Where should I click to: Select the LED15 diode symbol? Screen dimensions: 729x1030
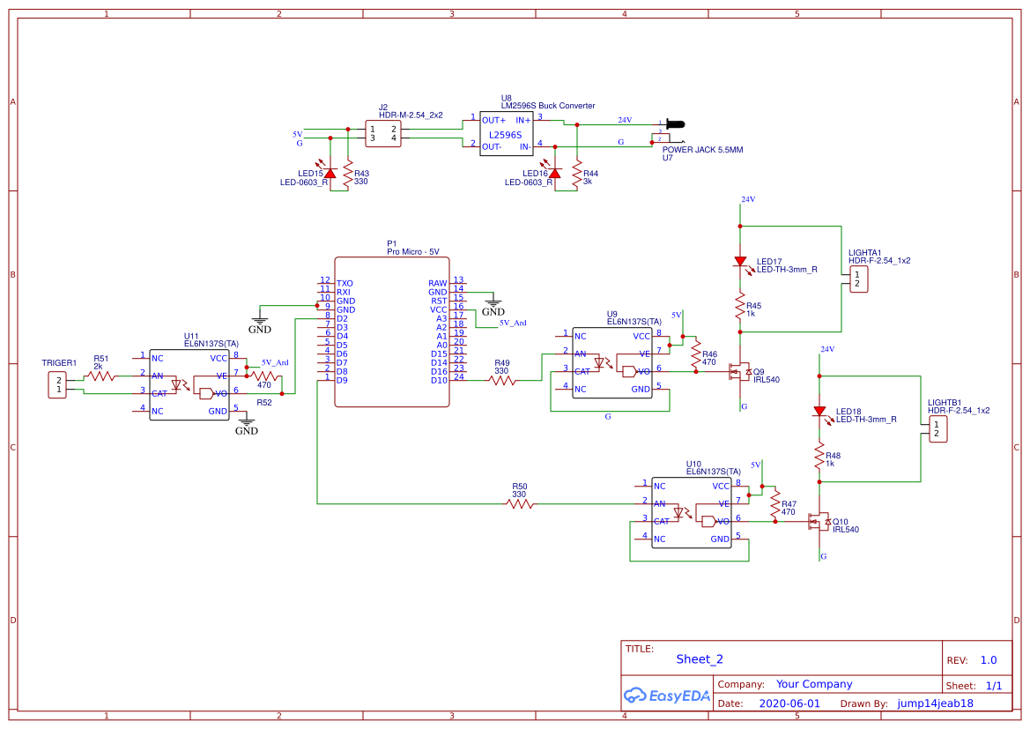point(330,174)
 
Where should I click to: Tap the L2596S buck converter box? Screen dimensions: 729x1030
point(506,134)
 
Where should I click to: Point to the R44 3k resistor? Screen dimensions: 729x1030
point(577,174)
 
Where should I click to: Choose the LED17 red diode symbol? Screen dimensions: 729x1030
point(741,261)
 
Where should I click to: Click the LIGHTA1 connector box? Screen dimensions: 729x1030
point(856,279)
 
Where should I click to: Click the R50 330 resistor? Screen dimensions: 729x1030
point(520,504)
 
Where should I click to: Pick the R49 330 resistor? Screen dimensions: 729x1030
point(502,381)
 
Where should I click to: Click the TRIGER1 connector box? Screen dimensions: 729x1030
point(59,385)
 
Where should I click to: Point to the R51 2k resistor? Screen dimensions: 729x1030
point(100,376)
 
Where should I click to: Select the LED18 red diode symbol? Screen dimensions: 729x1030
point(820,411)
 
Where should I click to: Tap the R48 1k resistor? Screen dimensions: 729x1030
point(820,459)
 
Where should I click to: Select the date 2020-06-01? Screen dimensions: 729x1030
point(789,703)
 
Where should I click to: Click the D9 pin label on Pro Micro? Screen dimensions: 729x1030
point(342,380)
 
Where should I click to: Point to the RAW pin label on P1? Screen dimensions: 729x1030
point(438,283)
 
